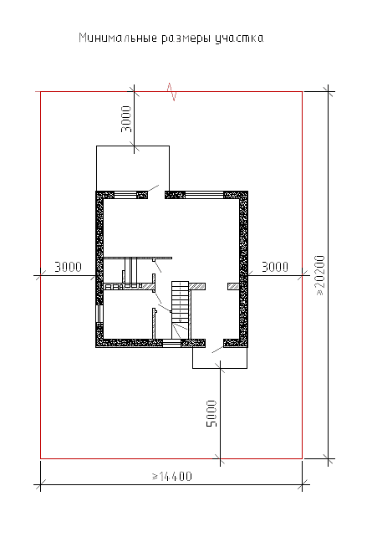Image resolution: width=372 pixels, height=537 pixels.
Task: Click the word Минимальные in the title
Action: (x=118, y=38)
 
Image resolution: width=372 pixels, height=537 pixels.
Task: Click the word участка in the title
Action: (x=239, y=38)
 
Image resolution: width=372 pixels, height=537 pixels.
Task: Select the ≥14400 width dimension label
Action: (x=172, y=477)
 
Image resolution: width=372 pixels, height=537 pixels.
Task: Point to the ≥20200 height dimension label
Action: (x=319, y=275)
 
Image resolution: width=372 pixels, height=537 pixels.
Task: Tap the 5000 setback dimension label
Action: (x=211, y=414)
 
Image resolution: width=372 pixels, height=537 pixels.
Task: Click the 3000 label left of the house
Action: (x=68, y=267)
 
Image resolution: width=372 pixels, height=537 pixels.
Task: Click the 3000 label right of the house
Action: (x=275, y=267)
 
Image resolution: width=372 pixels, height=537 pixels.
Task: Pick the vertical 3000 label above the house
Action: (x=126, y=119)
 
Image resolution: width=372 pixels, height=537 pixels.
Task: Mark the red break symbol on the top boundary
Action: (x=171, y=92)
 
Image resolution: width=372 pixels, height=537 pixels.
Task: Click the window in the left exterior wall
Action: (x=99, y=314)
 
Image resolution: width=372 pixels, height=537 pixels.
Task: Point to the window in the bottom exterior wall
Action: (x=171, y=343)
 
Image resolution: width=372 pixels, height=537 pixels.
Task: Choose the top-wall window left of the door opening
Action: (x=125, y=195)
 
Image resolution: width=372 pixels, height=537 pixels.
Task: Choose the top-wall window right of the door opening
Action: (x=204, y=195)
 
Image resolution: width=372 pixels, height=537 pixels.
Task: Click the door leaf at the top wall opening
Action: (x=153, y=188)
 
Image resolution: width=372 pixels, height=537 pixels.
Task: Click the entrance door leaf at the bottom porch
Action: (x=217, y=350)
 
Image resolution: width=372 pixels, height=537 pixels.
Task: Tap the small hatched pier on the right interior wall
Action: (x=233, y=286)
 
